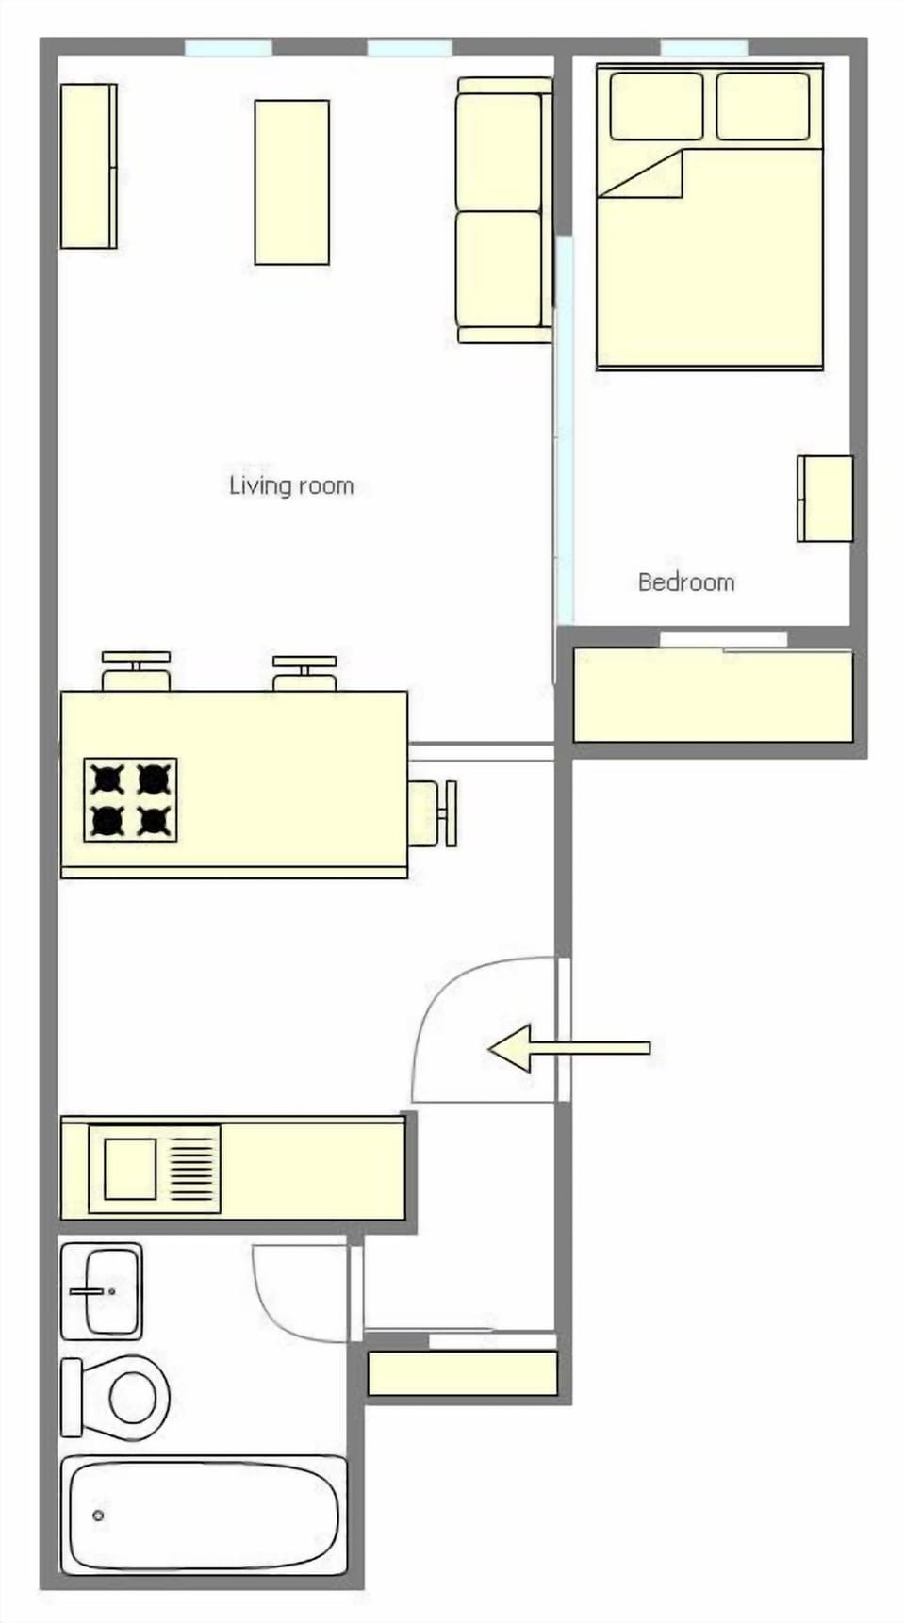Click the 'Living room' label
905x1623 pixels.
click(291, 485)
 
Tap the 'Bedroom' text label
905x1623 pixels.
click(686, 582)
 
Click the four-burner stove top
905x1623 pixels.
click(130, 799)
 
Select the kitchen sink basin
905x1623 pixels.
click(130, 1169)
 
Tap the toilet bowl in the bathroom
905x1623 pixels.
click(133, 1396)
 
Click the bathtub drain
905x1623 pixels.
click(98, 1516)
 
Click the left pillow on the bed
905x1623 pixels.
click(656, 106)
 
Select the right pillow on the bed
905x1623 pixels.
click(763, 106)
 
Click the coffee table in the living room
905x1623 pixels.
click(292, 182)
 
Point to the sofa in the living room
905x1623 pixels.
click(502, 209)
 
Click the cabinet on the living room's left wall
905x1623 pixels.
click(88, 166)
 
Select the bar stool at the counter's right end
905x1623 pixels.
click(436, 813)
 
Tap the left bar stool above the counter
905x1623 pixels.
click(136, 671)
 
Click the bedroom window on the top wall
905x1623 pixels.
click(703, 47)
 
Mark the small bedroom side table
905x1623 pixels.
click(826, 499)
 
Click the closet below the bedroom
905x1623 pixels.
click(713, 696)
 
